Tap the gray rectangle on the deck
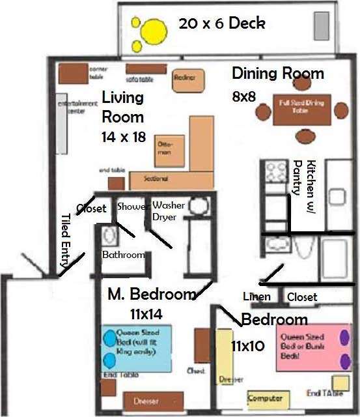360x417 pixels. [x=322, y=26]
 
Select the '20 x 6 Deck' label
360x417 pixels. [x=222, y=24]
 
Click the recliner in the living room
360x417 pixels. [x=184, y=79]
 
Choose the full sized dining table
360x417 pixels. [x=302, y=109]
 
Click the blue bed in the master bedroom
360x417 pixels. [x=137, y=348]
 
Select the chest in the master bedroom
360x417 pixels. [x=202, y=352]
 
